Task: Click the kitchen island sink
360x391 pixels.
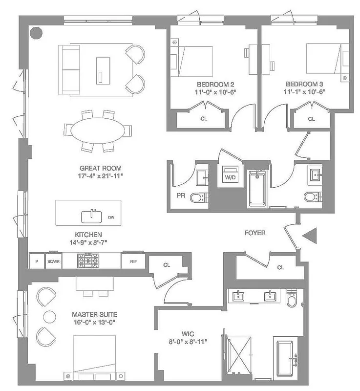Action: click(92, 215)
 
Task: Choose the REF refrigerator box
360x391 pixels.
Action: click(133, 261)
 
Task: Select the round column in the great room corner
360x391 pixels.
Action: click(36, 33)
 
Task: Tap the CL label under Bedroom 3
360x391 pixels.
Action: click(311, 119)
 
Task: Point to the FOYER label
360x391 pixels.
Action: click(255, 233)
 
